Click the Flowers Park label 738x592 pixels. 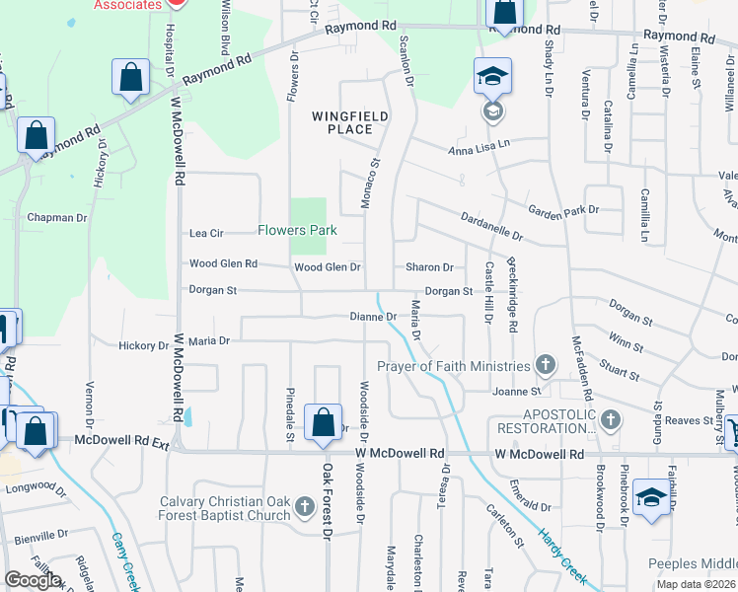297,231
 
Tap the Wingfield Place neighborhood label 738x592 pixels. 349,122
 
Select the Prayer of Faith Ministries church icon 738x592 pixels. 544,366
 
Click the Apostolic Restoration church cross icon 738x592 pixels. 611,420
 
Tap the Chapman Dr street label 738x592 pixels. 57,217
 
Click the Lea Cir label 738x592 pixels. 207,233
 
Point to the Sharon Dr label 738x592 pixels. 429,267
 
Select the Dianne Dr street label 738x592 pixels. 373,317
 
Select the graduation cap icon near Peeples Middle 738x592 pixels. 651,496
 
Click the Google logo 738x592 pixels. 33,580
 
